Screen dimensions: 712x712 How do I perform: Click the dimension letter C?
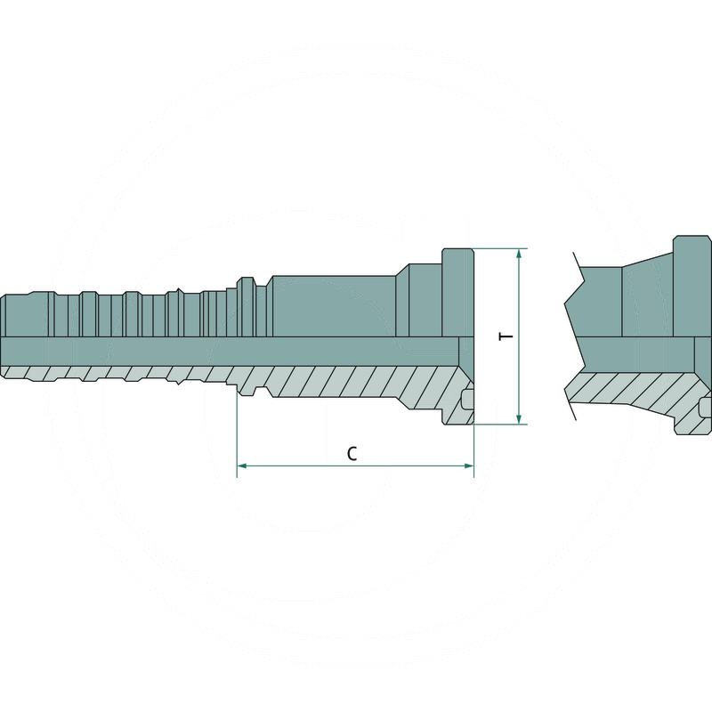pos(352,453)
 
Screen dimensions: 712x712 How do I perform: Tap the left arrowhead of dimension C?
pos(241,465)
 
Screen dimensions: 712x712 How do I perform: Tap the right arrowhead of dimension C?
pos(469,465)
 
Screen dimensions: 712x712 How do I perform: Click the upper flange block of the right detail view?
pos(692,285)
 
